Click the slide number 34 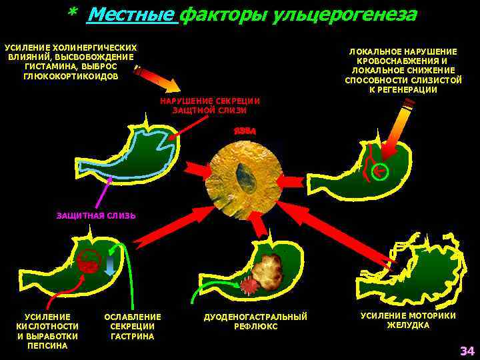point(466,351)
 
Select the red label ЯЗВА point(245,131)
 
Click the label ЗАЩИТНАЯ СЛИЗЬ point(96,216)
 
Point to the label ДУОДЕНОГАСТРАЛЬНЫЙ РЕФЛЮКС point(255,321)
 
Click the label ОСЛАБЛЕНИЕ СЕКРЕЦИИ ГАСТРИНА point(133,326)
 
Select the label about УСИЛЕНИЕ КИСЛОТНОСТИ point(47,331)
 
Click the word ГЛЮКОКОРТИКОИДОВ point(71,76)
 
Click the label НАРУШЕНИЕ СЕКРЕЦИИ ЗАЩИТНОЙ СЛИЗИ point(209,105)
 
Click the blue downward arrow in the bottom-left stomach point(111,265)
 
